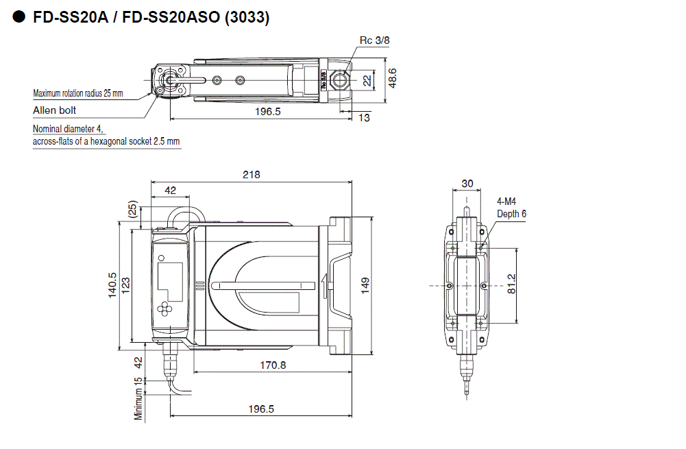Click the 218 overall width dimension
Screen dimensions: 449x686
click(252, 175)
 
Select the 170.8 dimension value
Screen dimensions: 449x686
click(273, 365)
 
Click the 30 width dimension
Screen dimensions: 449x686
click(467, 184)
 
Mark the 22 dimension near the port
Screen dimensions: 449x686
click(367, 80)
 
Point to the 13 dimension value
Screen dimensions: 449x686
click(363, 118)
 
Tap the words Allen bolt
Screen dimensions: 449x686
click(55, 110)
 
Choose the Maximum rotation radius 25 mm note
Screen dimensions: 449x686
click(78, 93)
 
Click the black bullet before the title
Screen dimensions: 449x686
click(19, 17)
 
